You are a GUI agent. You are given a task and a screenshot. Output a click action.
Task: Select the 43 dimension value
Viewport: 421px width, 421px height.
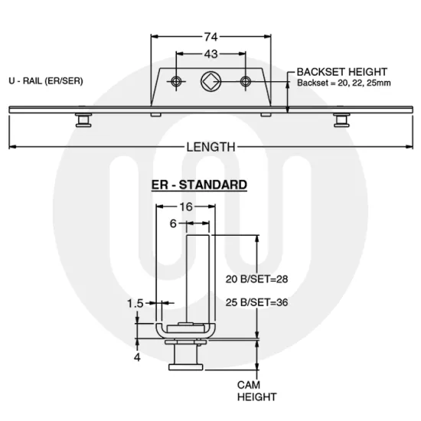tap(210, 54)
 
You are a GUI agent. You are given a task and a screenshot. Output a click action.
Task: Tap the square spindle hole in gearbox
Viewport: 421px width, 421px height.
tap(210, 81)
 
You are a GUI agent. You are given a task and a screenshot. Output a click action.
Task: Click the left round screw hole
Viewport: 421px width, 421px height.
tap(177, 81)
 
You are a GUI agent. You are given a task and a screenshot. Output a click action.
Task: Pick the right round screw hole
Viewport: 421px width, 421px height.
tap(245, 81)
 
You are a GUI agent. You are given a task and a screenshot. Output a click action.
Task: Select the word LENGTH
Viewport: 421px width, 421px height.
tap(210, 147)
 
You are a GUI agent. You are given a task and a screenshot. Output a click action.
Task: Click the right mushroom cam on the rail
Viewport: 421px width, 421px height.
tap(341, 120)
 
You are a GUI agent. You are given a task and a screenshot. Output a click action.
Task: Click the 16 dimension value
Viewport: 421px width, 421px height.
tap(186, 207)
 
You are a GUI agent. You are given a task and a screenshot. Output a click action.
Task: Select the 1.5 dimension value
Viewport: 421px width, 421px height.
tap(135, 303)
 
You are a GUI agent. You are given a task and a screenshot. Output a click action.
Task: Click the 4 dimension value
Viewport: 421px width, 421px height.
tap(136, 357)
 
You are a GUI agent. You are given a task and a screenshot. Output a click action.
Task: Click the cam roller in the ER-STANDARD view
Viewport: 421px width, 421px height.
tap(187, 357)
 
